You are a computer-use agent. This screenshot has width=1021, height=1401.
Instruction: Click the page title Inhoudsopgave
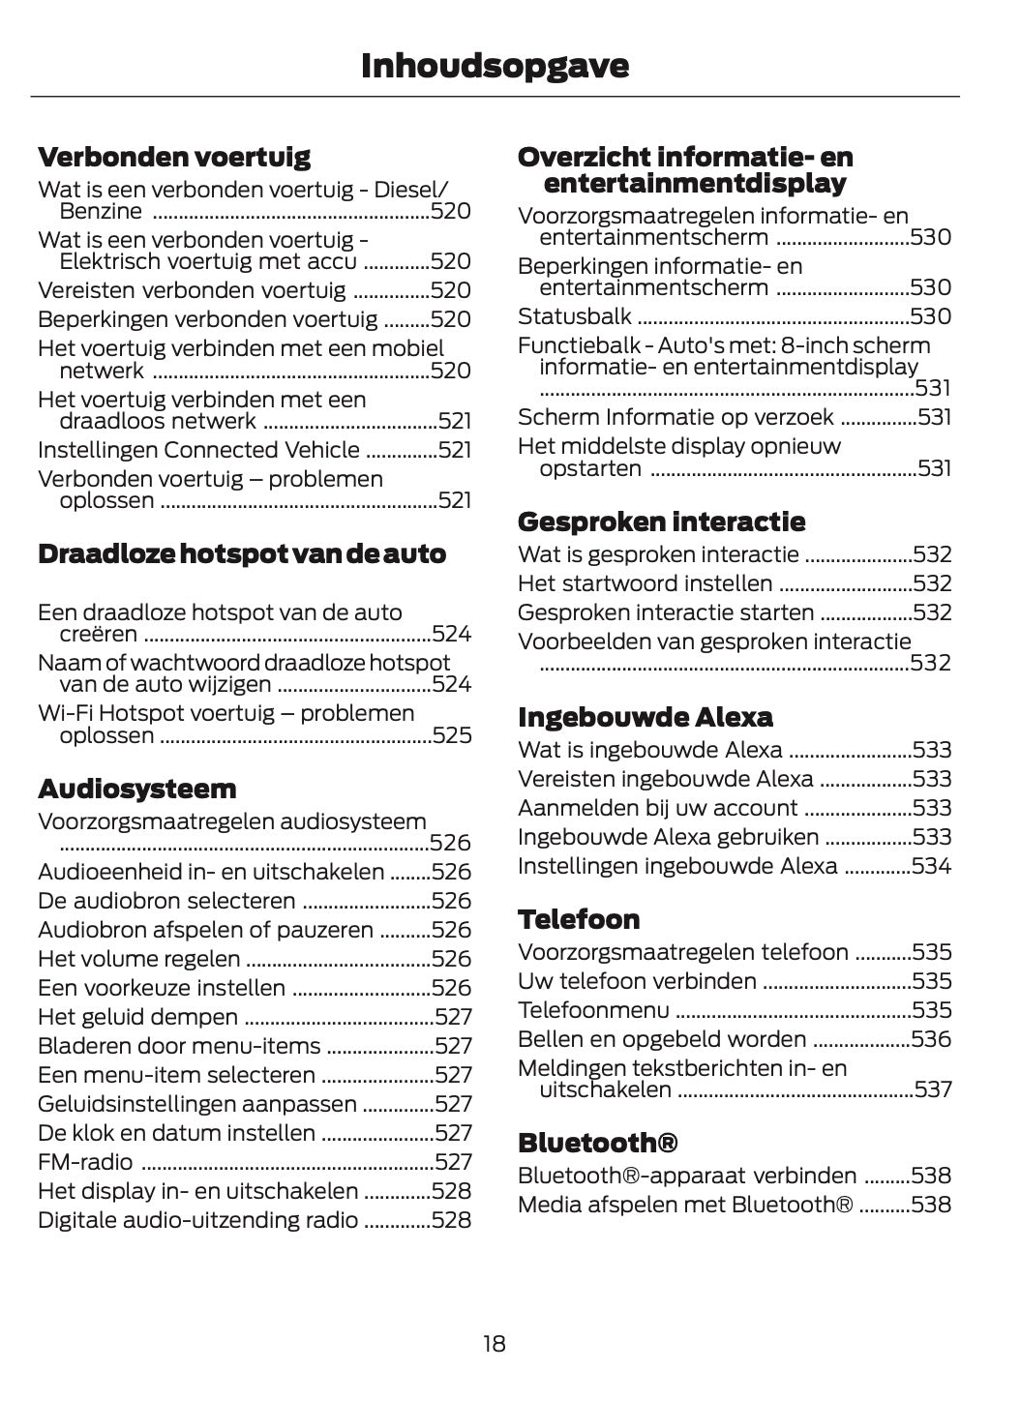pyautogui.click(x=495, y=66)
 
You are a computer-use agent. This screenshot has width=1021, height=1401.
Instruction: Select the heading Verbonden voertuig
pyautogui.click(x=174, y=157)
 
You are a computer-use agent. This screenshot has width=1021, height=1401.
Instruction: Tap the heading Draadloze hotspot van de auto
pyautogui.click(x=242, y=554)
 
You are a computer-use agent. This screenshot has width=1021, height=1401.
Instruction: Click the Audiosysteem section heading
pyautogui.click(x=136, y=789)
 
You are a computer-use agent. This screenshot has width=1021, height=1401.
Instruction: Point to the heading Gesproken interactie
pyautogui.click(x=661, y=522)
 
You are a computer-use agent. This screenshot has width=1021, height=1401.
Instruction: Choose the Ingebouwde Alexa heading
pyautogui.click(x=645, y=717)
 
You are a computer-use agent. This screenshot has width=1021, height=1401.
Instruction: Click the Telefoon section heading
pyautogui.click(x=579, y=919)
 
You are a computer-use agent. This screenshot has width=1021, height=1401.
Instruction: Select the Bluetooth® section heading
pyautogui.click(x=597, y=1143)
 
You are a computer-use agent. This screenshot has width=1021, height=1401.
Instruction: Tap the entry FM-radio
pyautogui.click(x=85, y=1162)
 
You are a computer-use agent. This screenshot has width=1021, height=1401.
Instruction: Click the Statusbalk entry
pyautogui.click(x=575, y=316)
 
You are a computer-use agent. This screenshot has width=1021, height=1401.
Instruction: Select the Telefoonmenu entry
pyautogui.click(x=593, y=1010)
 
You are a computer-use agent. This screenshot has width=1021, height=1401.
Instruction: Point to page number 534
pyautogui.click(x=931, y=866)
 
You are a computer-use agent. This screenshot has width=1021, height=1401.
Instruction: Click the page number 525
pyautogui.click(x=452, y=735)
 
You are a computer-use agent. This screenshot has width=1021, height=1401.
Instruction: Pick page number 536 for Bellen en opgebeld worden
pyautogui.click(x=931, y=1039)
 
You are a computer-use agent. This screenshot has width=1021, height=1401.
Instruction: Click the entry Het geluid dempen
pyautogui.click(x=137, y=1017)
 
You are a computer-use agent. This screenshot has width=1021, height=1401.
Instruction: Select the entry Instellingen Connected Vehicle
pyautogui.click(x=198, y=450)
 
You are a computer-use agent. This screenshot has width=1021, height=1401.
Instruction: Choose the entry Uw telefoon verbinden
pyautogui.click(x=637, y=981)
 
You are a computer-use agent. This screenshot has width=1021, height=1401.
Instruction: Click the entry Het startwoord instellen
pyautogui.click(x=645, y=583)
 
